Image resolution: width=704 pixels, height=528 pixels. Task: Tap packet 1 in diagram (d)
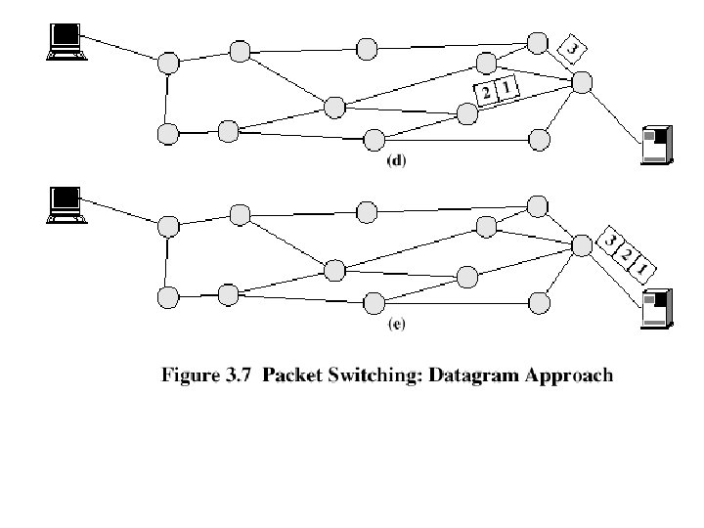click(506, 89)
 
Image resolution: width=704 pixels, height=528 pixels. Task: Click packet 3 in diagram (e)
click(610, 241)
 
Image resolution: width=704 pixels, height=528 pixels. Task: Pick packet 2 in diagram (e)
click(626, 254)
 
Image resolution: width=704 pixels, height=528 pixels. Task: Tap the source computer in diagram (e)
click(66, 203)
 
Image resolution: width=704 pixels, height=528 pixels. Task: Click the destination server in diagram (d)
click(654, 146)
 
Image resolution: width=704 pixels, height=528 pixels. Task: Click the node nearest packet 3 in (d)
click(537, 42)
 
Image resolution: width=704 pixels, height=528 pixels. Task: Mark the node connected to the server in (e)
click(582, 243)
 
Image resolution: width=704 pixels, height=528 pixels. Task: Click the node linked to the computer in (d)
click(169, 63)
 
